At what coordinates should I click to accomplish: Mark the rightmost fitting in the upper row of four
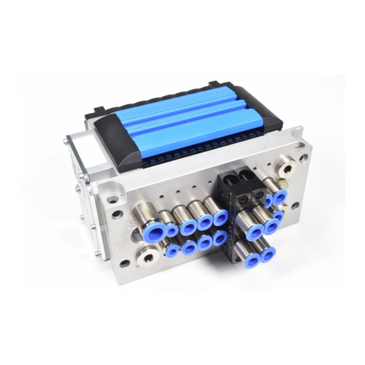coord(220,218)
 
